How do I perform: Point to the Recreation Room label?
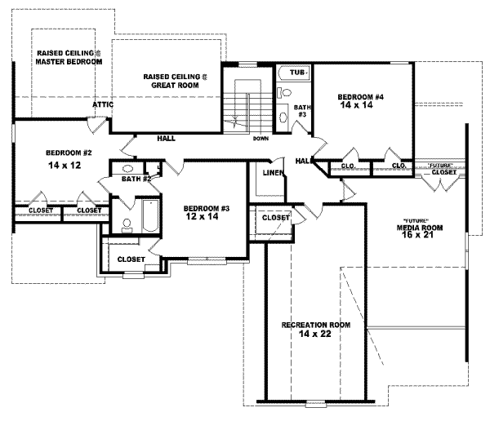pyautogui.click(x=316, y=325)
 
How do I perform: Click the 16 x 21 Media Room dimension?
pyautogui.click(x=419, y=236)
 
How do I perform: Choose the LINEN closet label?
pyautogui.click(x=273, y=173)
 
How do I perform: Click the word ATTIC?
pyautogui.click(x=102, y=104)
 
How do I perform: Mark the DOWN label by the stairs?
pyautogui.click(x=261, y=139)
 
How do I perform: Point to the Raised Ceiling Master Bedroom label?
pyautogui.click(x=69, y=57)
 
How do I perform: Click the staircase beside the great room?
pyautogui.click(x=242, y=106)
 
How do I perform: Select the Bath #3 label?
pyautogui.click(x=301, y=110)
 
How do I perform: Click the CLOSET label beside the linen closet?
pyautogui.click(x=276, y=218)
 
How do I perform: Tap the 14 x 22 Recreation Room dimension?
pyautogui.click(x=316, y=334)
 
